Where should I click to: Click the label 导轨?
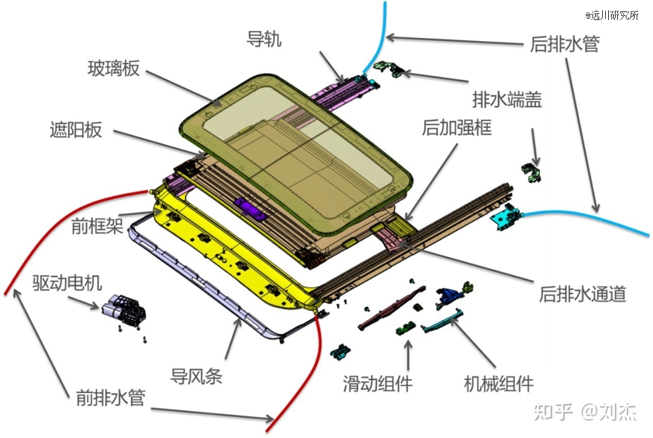click(x=264, y=39)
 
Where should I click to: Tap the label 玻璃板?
click(x=113, y=68)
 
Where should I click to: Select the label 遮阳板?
click(x=76, y=130)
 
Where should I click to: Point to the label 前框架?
click(x=97, y=226)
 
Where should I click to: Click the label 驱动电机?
click(x=68, y=283)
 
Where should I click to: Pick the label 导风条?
click(x=196, y=376)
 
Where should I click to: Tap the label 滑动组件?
click(x=378, y=384)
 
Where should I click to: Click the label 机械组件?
click(x=499, y=384)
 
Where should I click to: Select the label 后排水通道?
click(x=583, y=294)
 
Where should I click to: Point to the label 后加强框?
click(x=457, y=127)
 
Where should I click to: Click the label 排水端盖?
click(x=507, y=100)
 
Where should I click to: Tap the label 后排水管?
click(x=565, y=44)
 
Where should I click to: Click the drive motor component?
click(x=124, y=310)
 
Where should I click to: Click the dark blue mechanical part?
click(x=449, y=296)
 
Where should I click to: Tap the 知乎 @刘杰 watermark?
click(x=585, y=412)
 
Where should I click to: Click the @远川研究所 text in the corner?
click(x=612, y=15)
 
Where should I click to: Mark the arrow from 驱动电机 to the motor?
click(x=83, y=302)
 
